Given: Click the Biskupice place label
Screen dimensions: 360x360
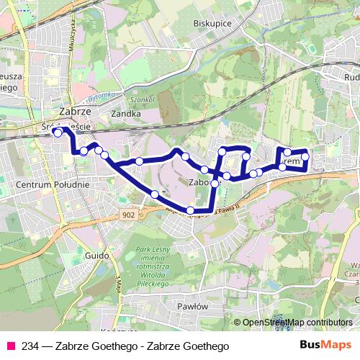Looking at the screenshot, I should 211,23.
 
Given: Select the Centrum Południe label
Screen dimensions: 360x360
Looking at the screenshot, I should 52,184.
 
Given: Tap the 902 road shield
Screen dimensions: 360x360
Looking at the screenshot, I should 128,215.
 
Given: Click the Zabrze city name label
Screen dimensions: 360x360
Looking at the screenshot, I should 74,113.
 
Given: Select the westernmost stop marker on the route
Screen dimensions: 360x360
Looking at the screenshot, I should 58,133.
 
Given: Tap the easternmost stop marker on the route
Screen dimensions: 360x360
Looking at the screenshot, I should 305,156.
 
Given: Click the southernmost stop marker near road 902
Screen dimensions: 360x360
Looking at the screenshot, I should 190,210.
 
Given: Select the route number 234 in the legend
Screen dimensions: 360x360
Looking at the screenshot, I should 32,346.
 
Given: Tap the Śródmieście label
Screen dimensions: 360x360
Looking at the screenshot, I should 66,127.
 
